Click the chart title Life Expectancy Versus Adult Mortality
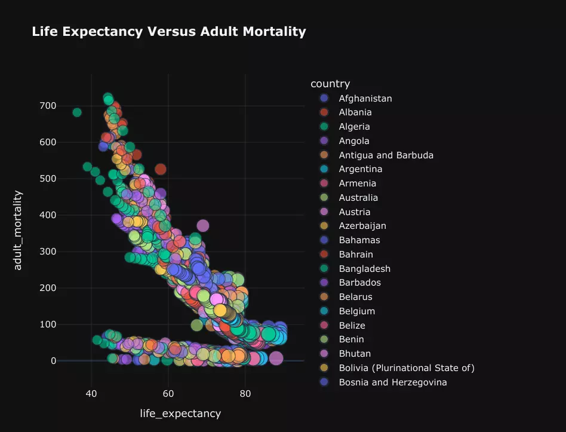(168, 32)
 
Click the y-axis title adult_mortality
(18, 230)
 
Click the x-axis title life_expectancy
(180, 413)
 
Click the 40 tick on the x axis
(91, 394)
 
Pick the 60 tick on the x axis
(168, 394)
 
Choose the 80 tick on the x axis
(245, 394)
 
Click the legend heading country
(330, 84)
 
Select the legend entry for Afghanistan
(365, 98)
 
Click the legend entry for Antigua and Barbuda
(386, 155)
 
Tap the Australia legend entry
(358, 198)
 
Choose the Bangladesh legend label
(364, 268)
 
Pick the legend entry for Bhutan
(355, 354)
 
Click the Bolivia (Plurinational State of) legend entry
(407, 368)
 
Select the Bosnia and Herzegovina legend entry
(393, 382)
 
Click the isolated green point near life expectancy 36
(76, 112)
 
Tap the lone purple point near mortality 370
(203, 225)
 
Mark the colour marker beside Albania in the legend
(324, 112)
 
